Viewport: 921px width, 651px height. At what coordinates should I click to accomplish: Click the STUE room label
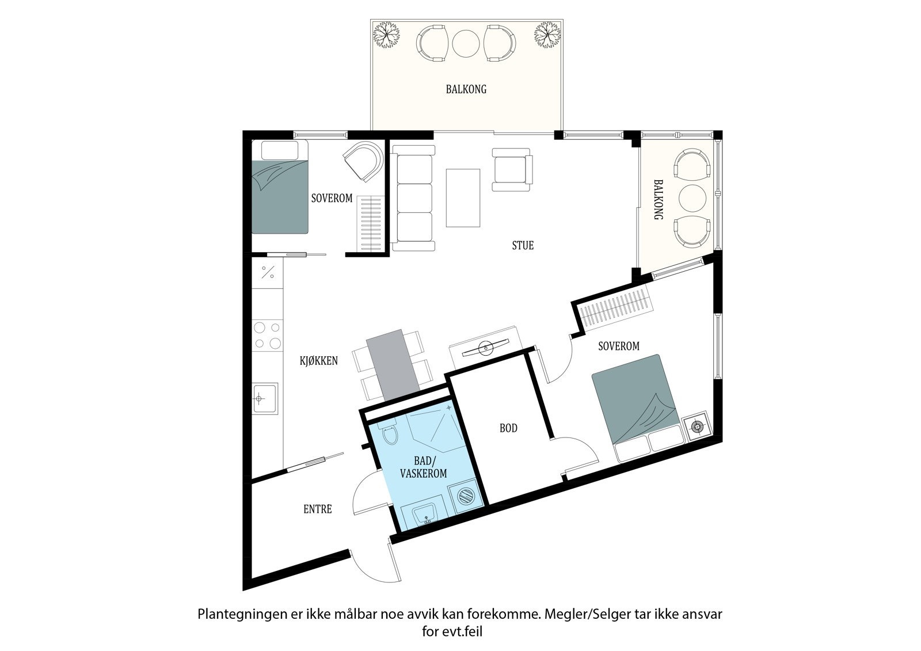click(523, 245)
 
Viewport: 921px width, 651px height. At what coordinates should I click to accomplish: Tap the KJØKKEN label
click(318, 361)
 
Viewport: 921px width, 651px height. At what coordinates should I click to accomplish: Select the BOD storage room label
click(508, 428)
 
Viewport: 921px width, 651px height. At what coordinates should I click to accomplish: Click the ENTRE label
click(317, 509)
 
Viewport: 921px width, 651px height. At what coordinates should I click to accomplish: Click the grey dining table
click(393, 366)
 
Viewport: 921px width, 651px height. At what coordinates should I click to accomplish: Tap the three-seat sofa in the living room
click(413, 198)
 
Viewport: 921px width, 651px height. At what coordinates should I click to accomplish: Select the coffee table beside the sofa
click(463, 197)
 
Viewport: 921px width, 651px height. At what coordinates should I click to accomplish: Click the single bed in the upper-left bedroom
click(280, 188)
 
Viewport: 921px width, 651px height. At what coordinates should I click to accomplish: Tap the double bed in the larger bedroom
click(637, 405)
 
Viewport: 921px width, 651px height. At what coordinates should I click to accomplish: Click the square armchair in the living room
click(512, 169)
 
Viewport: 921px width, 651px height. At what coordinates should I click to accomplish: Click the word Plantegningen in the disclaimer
click(235, 614)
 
